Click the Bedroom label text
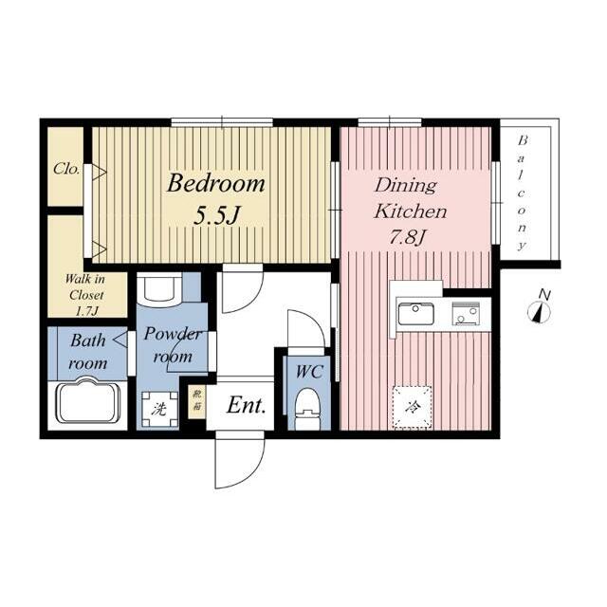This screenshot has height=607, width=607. point(215,183)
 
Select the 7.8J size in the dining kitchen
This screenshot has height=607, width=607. point(407,236)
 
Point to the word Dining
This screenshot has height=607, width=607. point(405,187)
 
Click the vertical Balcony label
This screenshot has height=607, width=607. point(523,193)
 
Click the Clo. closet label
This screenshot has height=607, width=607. point(66,169)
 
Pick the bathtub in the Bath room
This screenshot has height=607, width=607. point(88,400)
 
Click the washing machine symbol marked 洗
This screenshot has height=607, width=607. point(159,409)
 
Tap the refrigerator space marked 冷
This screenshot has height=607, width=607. point(413,407)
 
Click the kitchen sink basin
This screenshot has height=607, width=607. point(416,314)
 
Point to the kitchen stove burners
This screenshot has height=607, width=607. point(466,313)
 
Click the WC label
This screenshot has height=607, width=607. point(309,372)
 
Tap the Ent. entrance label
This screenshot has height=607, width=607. point(247,406)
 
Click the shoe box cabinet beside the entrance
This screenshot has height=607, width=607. point(197,401)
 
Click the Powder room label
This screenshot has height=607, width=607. point(173,345)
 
